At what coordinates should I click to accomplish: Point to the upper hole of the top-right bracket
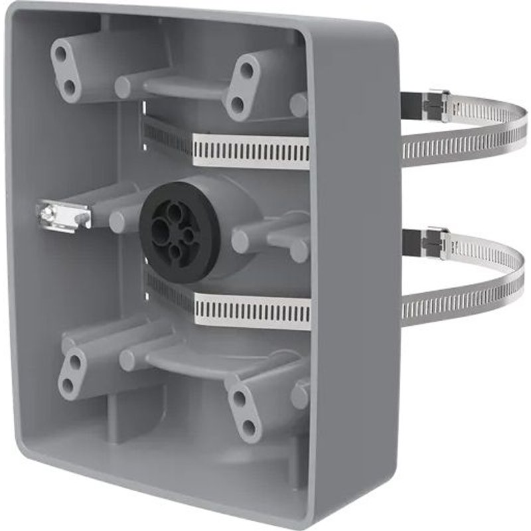pyautogui.click(x=246, y=70)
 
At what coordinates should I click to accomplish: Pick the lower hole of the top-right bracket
pyautogui.click(x=237, y=104)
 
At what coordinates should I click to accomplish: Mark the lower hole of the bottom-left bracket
pyautogui.click(x=66, y=386)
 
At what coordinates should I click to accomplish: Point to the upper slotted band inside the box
pyautogui.click(x=251, y=151)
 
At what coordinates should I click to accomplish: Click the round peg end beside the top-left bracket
pyautogui.click(x=123, y=87)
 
